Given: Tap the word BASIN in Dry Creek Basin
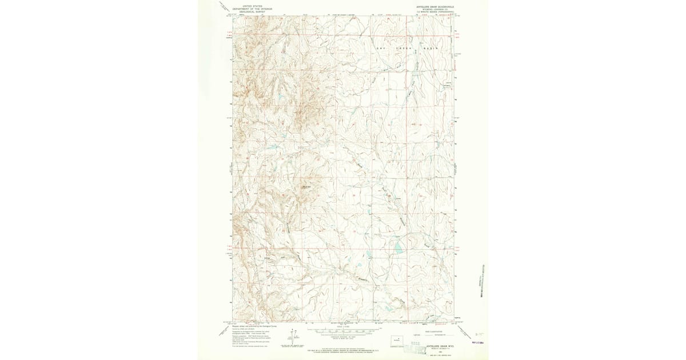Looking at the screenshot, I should [429, 48].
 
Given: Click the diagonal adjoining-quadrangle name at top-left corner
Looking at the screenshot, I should [224, 7].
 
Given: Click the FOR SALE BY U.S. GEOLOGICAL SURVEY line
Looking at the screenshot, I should [343, 349].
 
